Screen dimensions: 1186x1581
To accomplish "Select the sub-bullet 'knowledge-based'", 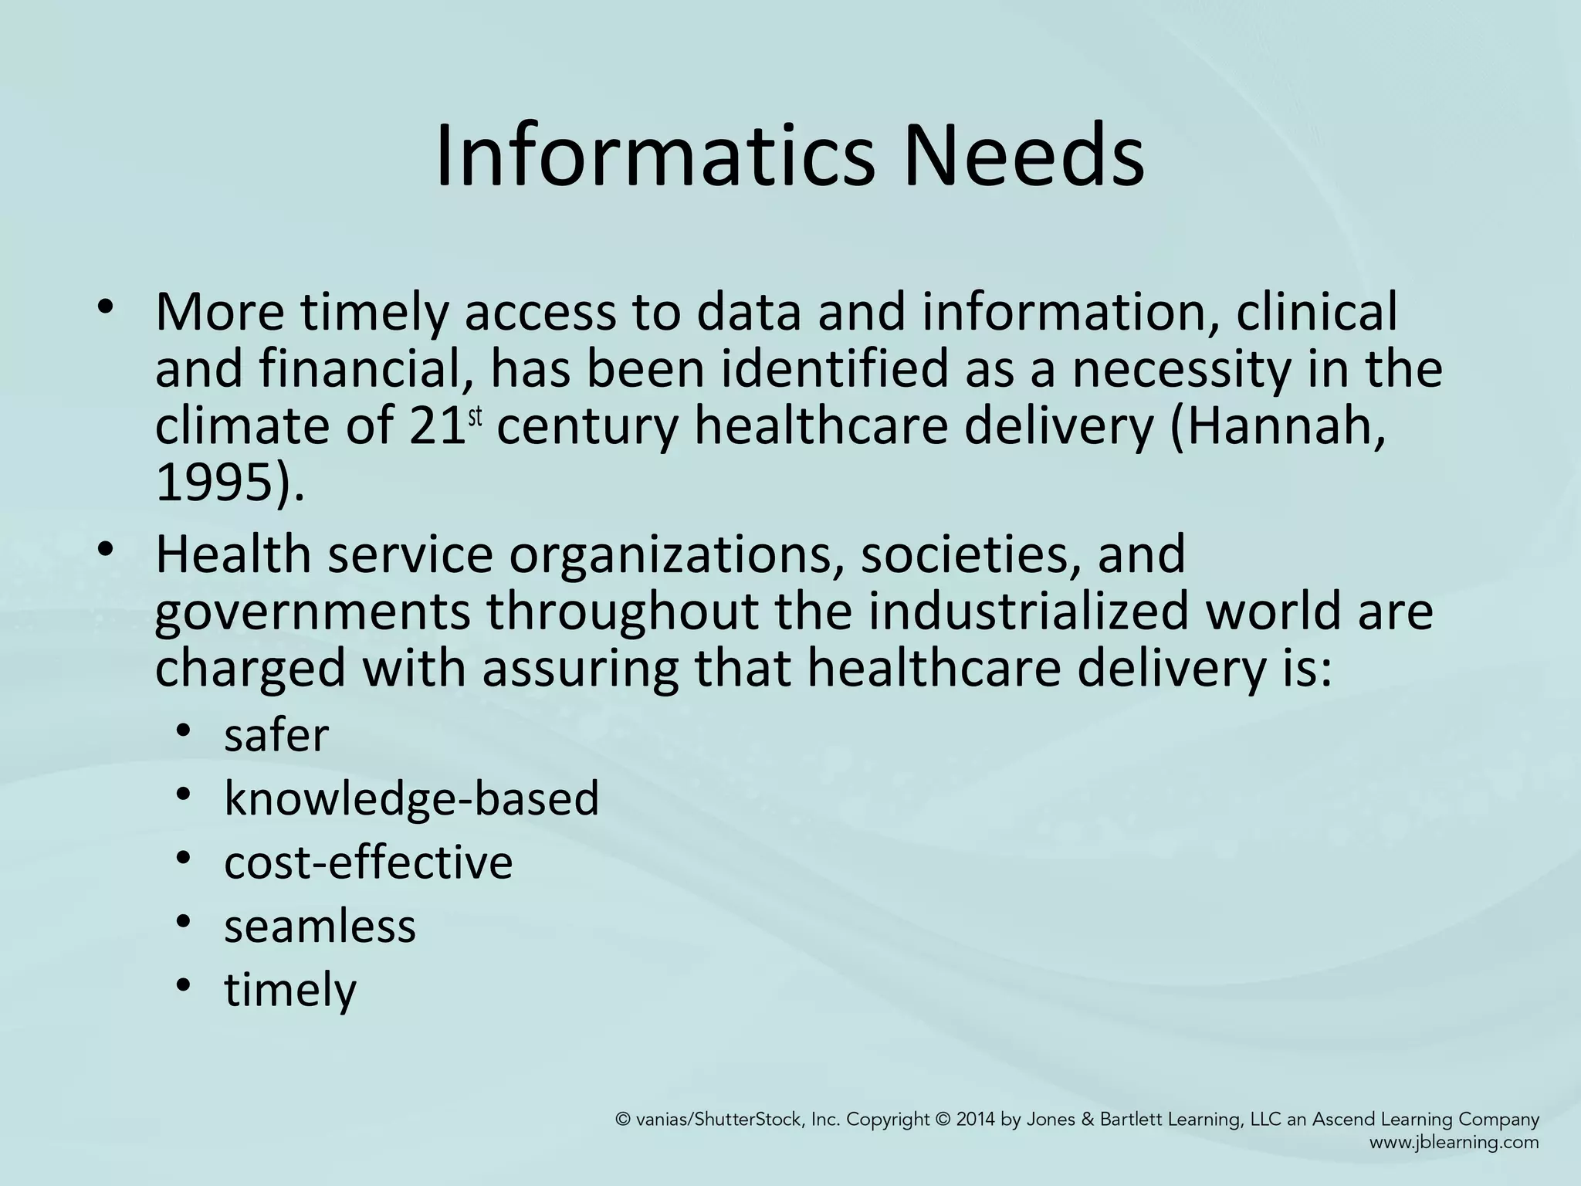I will (x=411, y=798).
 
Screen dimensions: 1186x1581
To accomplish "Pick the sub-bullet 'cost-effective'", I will (x=368, y=862).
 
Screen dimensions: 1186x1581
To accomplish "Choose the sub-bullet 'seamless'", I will (x=320, y=925).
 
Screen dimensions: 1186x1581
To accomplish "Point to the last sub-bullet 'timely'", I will (x=290, y=990).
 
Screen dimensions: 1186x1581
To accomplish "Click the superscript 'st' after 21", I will (x=476, y=416).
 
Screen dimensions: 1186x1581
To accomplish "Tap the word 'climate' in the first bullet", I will (x=242, y=427).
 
